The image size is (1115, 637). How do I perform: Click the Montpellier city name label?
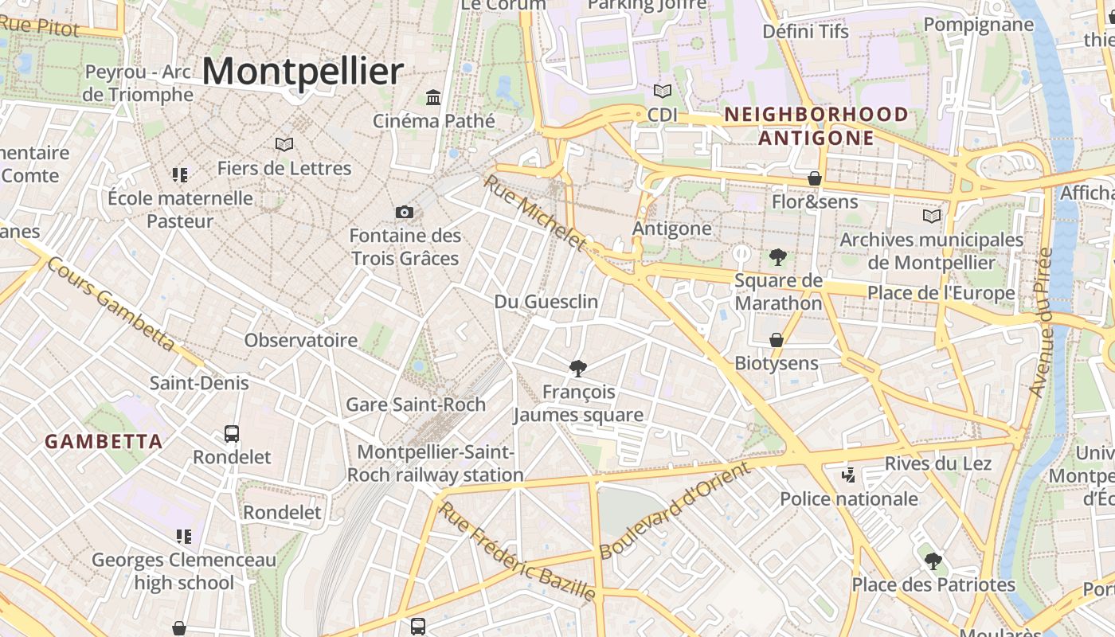click(303, 72)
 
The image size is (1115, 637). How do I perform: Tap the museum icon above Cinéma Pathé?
click(433, 97)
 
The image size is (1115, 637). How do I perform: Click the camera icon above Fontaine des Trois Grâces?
click(405, 212)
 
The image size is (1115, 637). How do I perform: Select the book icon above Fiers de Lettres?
click(284, 144)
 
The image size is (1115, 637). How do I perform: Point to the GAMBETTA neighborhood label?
click(104, 441)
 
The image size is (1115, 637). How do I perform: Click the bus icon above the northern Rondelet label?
click(232, 434)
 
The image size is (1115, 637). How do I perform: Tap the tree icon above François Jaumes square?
click(578, 368)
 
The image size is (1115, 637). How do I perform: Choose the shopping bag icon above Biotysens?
click(777, 340)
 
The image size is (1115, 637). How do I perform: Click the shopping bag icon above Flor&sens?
click(815, 178)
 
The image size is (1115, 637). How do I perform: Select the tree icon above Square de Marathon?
click(778, 256)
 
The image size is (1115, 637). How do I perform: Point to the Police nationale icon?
click(848, 475)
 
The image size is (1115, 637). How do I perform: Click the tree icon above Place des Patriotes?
click(933, 561)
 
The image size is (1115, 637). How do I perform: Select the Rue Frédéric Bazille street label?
click(518, 551)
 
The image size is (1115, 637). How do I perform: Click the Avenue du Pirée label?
click(1041, 322)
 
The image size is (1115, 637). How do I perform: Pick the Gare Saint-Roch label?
click(416, 404)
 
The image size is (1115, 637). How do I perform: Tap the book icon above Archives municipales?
click(932, 216)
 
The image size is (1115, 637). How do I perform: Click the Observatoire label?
click(301, 341)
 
